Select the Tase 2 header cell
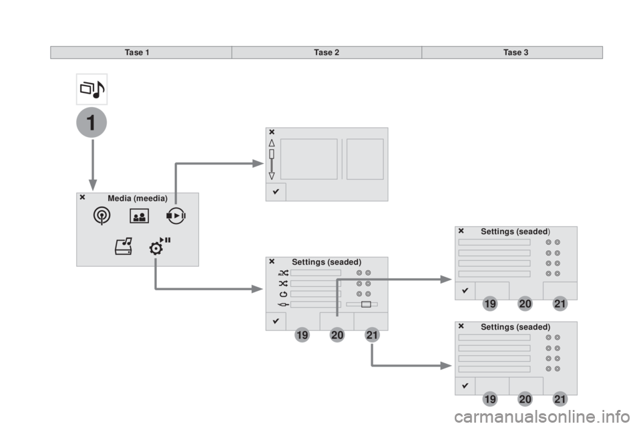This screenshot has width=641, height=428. pos(327,52)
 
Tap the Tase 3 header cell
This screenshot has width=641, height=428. pos(512,52)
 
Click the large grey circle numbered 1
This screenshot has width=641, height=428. pos(92,125)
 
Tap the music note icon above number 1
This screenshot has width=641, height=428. pos(91,89)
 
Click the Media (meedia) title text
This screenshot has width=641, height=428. pos(137,199)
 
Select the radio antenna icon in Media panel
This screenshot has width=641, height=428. pos(102,216)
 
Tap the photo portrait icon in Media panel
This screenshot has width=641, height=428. pos(139,216)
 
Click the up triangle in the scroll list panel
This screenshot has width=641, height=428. pos(272,142)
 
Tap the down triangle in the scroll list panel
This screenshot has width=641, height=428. pos(272,175)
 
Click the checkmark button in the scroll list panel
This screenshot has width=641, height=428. pos(276,192)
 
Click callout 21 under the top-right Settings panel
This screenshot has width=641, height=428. pos(560,304)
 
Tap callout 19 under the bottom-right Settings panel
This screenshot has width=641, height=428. pos(489,399)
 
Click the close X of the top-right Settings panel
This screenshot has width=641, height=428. pos(461,231)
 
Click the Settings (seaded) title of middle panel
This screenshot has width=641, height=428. pos(327,261)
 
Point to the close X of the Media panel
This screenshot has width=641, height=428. pos(81,198)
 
